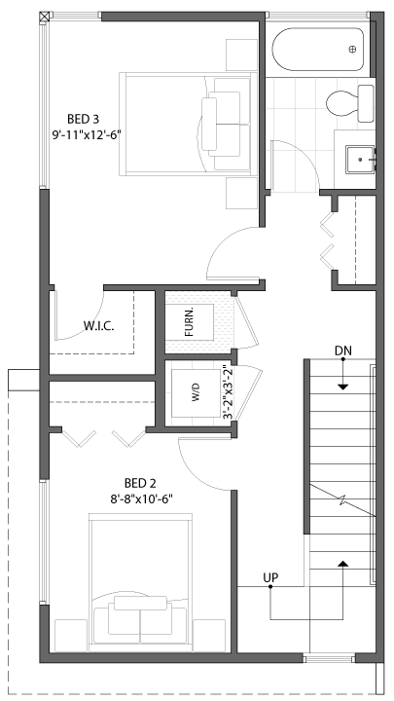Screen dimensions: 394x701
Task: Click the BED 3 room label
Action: click(83, 119)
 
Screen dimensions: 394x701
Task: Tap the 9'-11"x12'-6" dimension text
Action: click(87, 134)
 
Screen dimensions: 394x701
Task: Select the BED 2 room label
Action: click(140, 483)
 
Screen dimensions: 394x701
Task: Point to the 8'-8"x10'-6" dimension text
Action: click(142, 498)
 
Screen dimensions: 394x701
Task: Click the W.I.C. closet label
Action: click(98, 325)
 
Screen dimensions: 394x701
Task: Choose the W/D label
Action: click(196, 392)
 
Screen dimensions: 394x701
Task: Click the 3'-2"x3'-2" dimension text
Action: click(228, 392)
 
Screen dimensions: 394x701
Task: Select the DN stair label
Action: click(343, 350)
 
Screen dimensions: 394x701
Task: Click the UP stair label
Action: click(270, 577)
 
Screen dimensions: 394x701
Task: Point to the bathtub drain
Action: click(352, 50)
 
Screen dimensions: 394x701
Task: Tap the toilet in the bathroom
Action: click(350, 103)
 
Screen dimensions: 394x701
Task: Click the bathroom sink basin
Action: click(360, 159)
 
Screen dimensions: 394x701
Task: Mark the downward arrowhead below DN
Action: click(342, 387)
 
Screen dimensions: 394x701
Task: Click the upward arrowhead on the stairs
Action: click(342, 564)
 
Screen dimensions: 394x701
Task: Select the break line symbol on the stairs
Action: click(343, 500)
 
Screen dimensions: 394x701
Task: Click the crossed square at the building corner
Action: click(44, 17)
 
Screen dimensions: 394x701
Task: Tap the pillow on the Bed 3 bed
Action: click(209, 125)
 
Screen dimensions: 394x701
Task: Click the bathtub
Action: click(318, 50)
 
